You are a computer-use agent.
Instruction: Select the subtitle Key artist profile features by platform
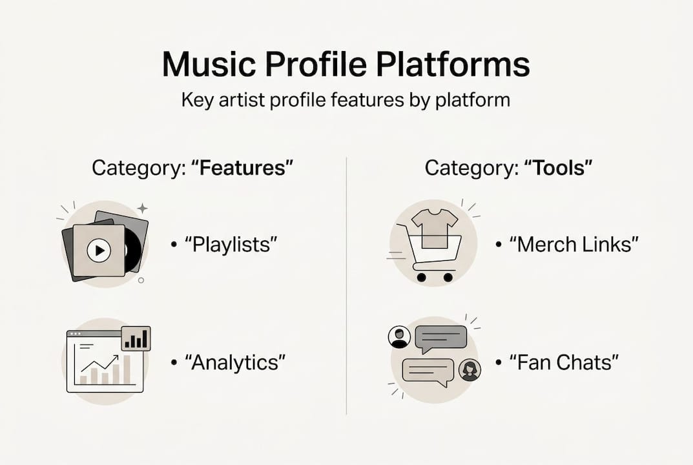[x=346, y=101]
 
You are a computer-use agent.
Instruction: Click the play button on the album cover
[x=99, y=250]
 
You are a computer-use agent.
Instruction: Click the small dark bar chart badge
[x=136, y=338]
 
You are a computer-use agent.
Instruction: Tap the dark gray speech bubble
[x=440, y=338]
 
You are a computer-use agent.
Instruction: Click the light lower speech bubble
[x=428, y=371]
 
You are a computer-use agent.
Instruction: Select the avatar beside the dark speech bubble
[x=399, y=336]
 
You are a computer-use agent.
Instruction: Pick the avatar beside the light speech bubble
[x=470, y=370]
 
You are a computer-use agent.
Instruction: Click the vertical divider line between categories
[x=347, y=284]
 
